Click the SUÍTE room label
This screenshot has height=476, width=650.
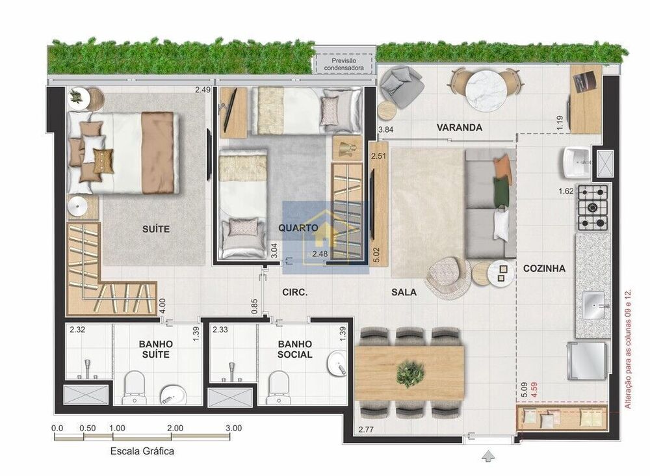click(156, 229)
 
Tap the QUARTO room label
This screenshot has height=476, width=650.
click(298, 228)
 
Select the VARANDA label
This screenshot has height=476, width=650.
click(459, 127)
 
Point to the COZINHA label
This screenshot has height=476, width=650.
click(544, 268)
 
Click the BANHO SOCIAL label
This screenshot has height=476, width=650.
click(294, 349)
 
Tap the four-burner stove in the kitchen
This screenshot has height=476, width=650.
click(593, 207)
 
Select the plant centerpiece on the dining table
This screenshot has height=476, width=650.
click(410, 374)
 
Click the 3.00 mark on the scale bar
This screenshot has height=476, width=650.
click(233, 429)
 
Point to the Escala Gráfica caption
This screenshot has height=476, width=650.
click(142, 451)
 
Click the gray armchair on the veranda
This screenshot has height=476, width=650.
click(402, 87)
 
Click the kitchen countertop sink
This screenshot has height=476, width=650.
click(593, 304)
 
